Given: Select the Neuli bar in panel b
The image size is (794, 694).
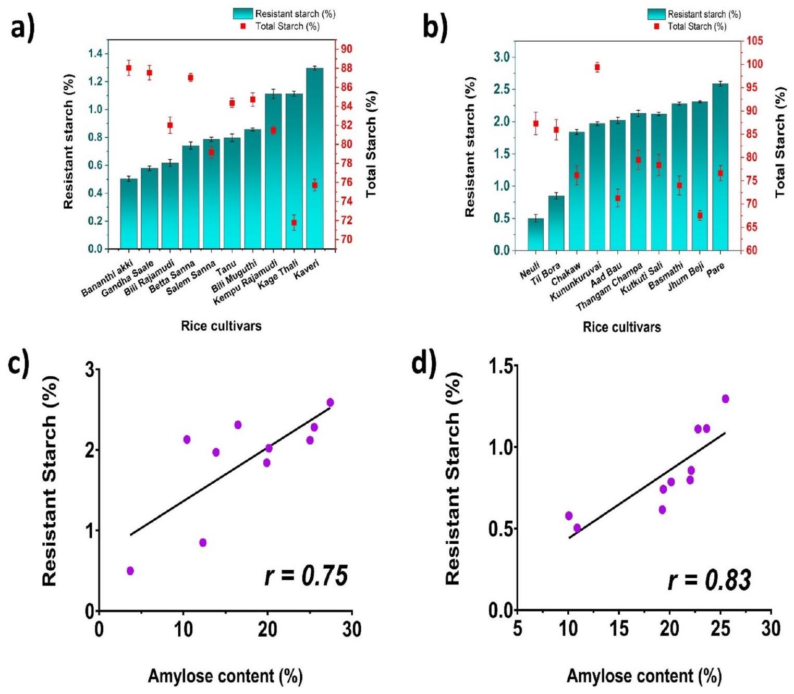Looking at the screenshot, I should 535,234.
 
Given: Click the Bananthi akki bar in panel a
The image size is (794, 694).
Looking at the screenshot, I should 129,214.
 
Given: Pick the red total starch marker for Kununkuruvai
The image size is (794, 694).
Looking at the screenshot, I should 597,67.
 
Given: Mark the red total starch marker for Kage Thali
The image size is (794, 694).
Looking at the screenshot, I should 294,223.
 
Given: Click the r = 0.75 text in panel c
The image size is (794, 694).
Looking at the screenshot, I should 306,576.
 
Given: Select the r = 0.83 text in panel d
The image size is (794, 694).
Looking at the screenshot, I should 710,580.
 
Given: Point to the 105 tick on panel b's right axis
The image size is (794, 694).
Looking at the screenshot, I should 755,41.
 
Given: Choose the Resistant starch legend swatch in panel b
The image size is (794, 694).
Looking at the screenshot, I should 656,14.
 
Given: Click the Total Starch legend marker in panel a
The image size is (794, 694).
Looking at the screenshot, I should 243,26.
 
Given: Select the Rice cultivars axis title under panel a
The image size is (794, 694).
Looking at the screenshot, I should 221,326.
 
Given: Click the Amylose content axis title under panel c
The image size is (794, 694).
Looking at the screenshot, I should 225,676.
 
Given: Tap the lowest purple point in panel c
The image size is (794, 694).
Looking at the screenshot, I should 130,571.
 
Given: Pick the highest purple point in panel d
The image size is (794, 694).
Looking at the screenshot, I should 725,399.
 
